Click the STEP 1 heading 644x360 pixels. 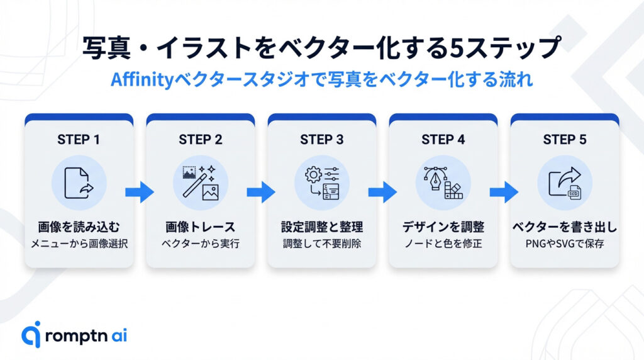(x=79, y=140)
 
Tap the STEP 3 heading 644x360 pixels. (x=321, y=140)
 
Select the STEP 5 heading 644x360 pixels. (x=564, y=140)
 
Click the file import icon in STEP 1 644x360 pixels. (x=79, y=183)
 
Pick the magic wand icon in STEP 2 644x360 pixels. (x=200, y=183)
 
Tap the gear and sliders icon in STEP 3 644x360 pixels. (x=321, y=183)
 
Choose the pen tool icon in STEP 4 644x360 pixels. (x=443, y=183)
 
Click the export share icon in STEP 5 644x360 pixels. (x=564, y=183)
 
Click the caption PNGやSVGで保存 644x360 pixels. (x=564, y=243)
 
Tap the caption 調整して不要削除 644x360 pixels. (x=321, y=243)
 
